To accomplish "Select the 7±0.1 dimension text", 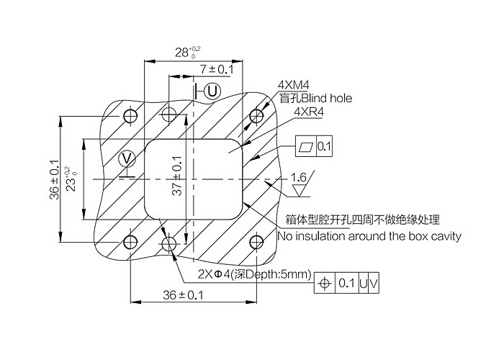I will [217, 69].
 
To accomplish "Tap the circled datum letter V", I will [127, 158].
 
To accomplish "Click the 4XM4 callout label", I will [293, 86].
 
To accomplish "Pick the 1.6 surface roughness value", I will [299, 177].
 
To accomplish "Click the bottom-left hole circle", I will [130, 242].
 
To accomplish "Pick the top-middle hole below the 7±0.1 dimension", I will [169, 115].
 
